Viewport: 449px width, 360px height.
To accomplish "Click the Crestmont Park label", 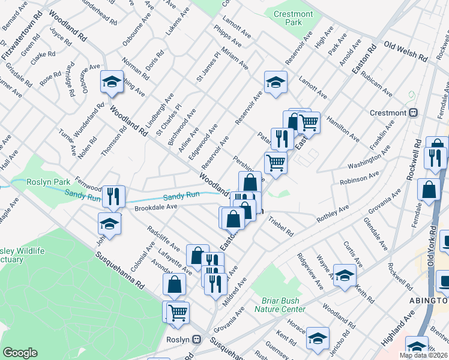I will tap(293, 18).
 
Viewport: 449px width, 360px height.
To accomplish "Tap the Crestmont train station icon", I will tap(414, 113).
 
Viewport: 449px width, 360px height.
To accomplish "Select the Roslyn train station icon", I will tap(196, 339).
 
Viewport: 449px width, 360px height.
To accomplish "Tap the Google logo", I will tap(20, 353).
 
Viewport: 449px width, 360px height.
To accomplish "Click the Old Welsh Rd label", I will tap(405, 52).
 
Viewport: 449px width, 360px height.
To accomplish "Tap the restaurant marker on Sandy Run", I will tap(113, 195).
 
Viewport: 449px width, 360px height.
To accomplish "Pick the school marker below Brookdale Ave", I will tap(109, 223).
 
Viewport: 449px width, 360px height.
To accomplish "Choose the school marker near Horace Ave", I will tap(318, 337).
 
